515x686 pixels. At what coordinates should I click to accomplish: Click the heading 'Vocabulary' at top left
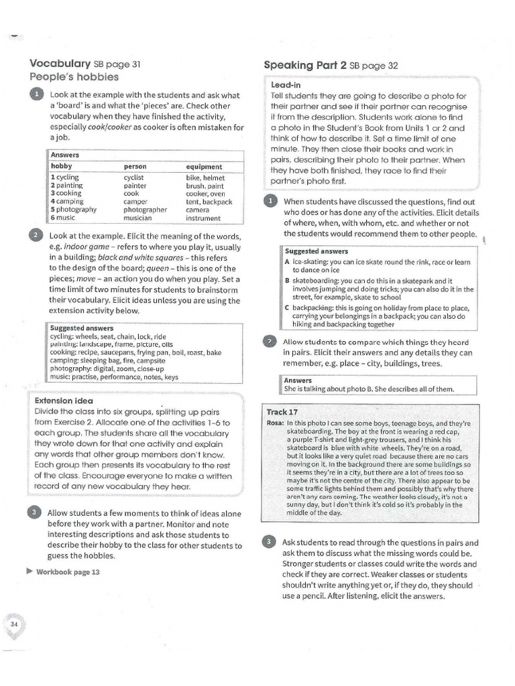60,64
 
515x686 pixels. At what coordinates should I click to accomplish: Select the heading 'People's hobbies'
74,77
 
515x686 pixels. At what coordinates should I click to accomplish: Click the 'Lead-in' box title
285,86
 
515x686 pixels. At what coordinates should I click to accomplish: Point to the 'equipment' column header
204,166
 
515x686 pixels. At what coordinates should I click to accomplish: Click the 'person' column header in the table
135,166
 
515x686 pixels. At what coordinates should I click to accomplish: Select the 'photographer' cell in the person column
145,210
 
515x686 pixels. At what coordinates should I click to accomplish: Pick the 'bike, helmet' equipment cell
205,178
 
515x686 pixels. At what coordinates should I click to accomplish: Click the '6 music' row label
63,218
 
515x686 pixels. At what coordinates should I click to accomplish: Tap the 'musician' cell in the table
139,218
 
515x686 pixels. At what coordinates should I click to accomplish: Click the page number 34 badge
14,624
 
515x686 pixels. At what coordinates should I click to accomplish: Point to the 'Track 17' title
282,412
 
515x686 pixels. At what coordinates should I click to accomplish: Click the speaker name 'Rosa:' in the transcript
276,424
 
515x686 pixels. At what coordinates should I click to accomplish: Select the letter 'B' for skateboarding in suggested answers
287,281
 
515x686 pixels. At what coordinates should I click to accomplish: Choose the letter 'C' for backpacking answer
287,307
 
